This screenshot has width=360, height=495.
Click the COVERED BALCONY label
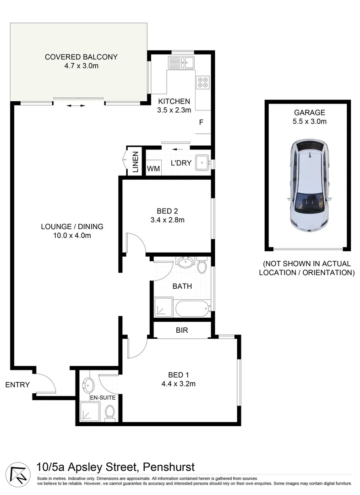click(81, 57)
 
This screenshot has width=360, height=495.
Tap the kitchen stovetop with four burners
click(203, 82)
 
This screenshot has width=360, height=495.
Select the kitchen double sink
click(181, 62)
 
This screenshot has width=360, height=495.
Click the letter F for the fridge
click(201, 122)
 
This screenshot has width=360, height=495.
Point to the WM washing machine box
click(153, 169)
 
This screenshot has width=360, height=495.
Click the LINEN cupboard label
click(136, 162)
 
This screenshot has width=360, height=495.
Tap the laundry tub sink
click(202, 162)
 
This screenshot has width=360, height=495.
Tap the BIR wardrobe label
click(182, 330)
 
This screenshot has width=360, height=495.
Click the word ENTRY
click(17, 385)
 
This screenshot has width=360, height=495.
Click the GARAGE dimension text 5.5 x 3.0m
click(310, 121)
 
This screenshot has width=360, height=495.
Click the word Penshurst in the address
click(169, 467)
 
